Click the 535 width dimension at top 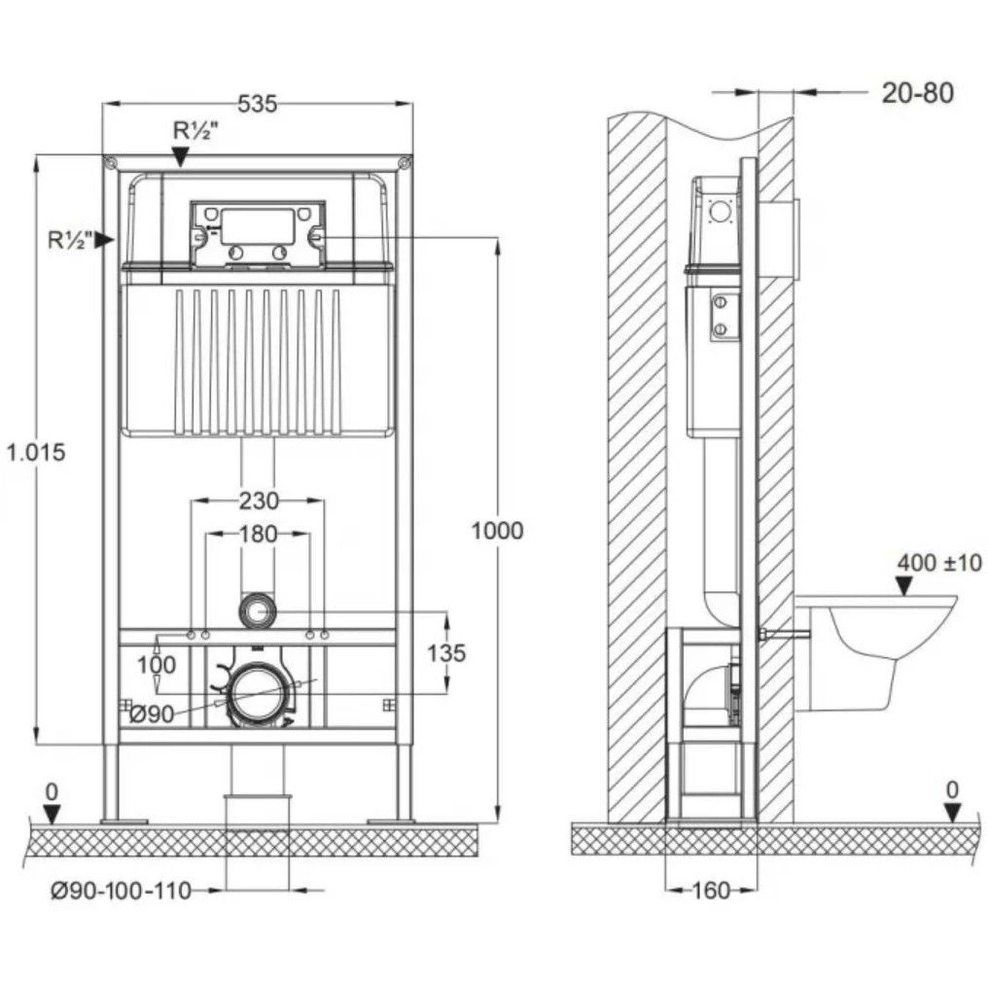(257, 104)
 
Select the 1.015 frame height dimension (36, 452)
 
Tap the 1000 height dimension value (496, 532)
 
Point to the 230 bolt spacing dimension (258, 501)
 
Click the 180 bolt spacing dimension (258, 535)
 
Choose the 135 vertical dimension (447, 653)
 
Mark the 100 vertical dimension (157, 665)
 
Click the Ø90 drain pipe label (152, 714)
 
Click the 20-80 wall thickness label (917, 94)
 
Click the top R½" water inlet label (196, 132)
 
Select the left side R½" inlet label (71, 240)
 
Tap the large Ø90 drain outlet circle (257, 693)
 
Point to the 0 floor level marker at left (52, 792)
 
